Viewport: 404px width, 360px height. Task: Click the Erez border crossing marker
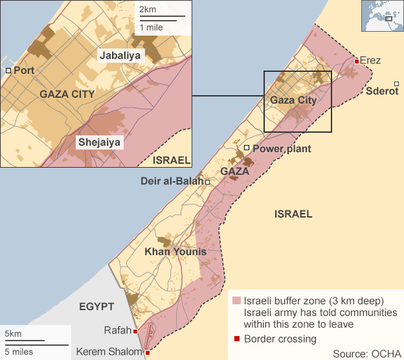click(357, 62)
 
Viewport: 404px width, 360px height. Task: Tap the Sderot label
click(382, 91)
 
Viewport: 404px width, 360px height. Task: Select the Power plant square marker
click(247, 148)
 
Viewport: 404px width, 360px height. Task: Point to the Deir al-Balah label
click(172, 181)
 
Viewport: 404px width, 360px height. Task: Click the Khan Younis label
click(175, 251)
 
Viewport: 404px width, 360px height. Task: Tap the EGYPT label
click(96, 306)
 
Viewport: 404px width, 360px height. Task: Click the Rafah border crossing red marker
click(135, 332)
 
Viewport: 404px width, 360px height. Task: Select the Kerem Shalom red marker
click(148, 353)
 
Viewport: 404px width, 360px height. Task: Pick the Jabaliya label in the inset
click(120, 56)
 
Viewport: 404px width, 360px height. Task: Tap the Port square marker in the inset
click(8, 70)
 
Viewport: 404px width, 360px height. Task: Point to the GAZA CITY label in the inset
click(67, 94)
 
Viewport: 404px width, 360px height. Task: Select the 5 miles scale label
click(18, 352)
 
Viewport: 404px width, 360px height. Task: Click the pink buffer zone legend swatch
click(236, 301)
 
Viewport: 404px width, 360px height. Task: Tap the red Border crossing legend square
click(237, 339)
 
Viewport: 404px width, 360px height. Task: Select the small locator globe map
click(381, 17)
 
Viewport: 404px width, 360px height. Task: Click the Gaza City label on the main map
click(293, 100)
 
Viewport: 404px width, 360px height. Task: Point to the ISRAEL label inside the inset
click(172, 160)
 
